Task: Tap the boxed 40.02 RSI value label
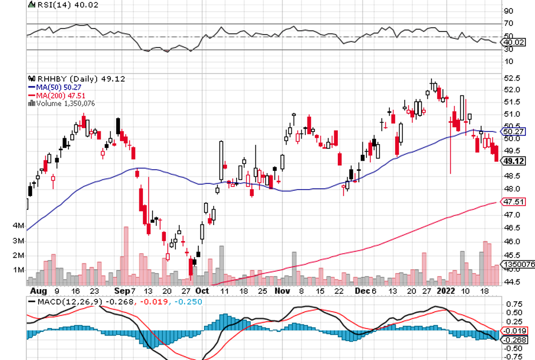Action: (512, 42)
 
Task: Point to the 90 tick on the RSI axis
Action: (508, 11)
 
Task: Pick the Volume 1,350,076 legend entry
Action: (65, 104)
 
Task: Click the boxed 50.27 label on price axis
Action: (513, 131)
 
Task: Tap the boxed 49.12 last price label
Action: (512, 161)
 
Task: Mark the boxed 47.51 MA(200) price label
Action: (513, 202)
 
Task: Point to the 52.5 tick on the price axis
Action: (511, 78)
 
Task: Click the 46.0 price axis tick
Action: (511, 241)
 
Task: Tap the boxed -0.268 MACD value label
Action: (513, 339)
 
